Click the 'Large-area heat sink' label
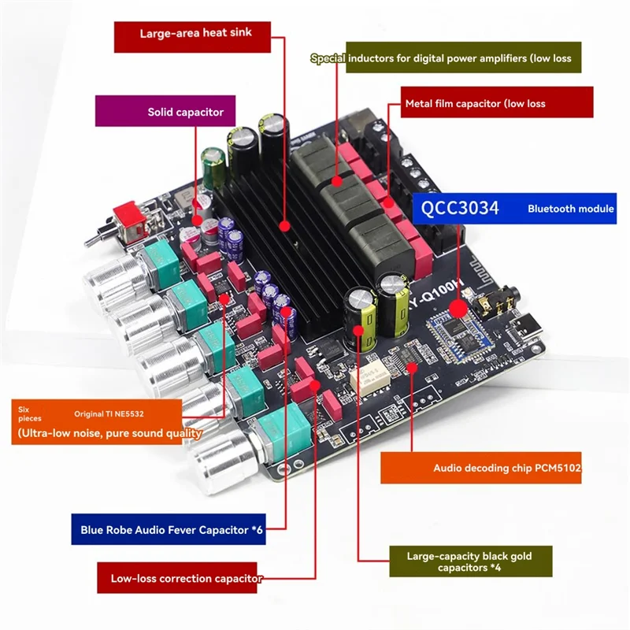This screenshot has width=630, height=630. pyautogui.click(x=194, y=33)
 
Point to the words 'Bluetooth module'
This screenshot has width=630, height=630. pyautogui.click(x=570, y=209)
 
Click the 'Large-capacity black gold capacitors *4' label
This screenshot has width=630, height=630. pyautogui.click(x=470, y=562)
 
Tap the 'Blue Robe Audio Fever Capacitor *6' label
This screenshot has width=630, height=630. pyautogui.click(x=171, y=530)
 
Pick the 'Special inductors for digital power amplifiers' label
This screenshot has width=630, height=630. pyautogui.click(x=446, y=57)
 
